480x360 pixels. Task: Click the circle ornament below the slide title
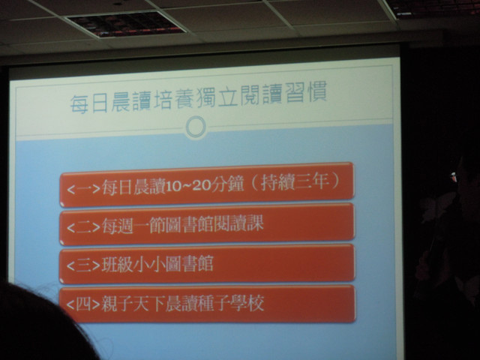click(x=196, y=127)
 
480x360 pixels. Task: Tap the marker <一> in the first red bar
click(x=83, y=188)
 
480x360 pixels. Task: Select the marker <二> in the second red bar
click(x=83, y=226)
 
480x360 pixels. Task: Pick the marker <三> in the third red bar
click(x=83, y=265)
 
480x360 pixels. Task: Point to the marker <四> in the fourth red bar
click(x=83, y=304)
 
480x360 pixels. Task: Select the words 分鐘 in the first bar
click(x=227, y=184)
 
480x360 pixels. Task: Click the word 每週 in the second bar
click(x=118, y=226)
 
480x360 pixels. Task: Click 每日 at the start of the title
click(x=89, y=103)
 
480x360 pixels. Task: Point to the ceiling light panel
click(x=125, y=24)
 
